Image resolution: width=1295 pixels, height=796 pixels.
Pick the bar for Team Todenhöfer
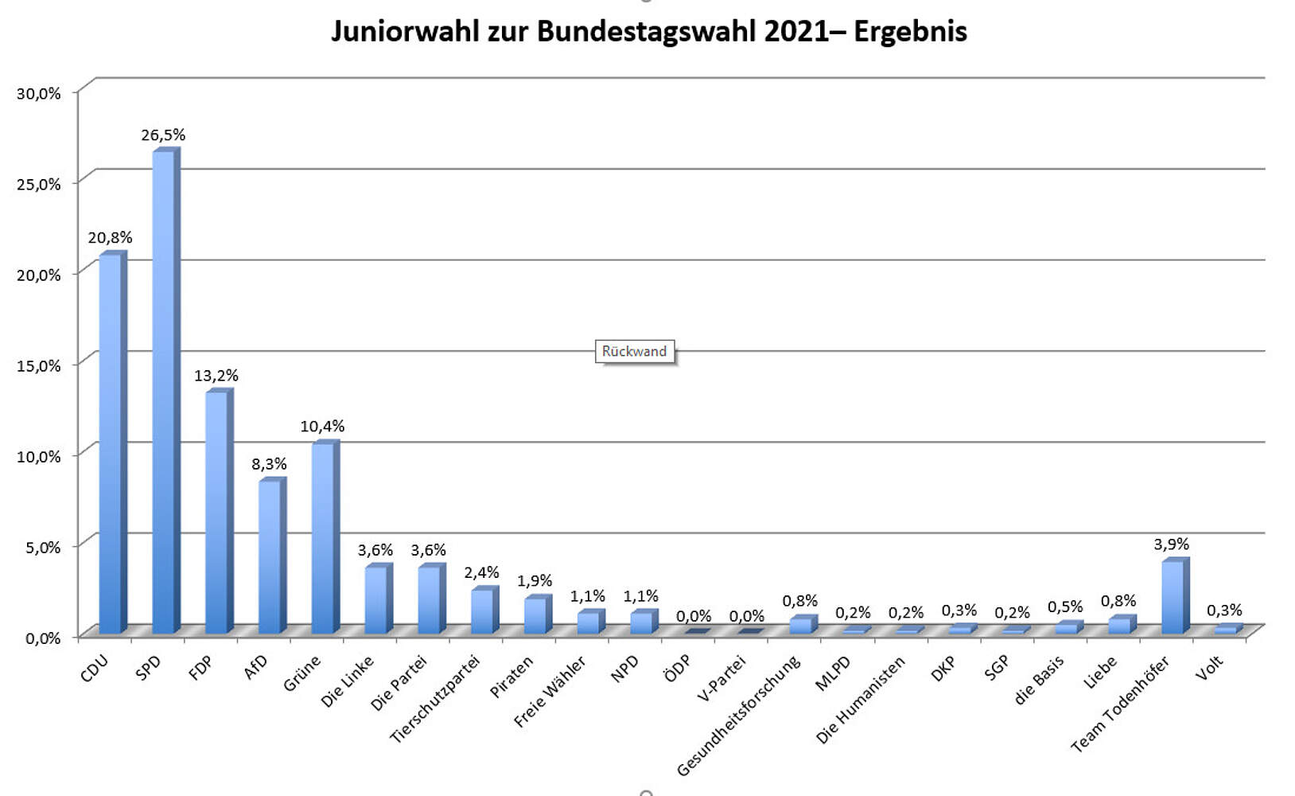point(1172,596)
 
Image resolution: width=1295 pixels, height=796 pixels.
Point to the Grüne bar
point(323,537)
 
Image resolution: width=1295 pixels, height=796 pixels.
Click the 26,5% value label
point(163,135)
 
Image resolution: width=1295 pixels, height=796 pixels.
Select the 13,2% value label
point(216,376)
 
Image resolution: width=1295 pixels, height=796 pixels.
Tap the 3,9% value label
point(1172,544)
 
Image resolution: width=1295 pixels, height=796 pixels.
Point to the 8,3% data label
point(269,464)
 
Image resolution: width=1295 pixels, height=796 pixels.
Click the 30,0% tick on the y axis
point(39,93)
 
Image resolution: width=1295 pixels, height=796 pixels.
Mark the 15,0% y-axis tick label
point(39,365)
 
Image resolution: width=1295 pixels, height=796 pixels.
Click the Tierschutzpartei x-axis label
point(436,698)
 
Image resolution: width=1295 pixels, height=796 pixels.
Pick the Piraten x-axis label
point(511,677)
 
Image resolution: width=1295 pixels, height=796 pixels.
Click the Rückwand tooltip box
point(635,351)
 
